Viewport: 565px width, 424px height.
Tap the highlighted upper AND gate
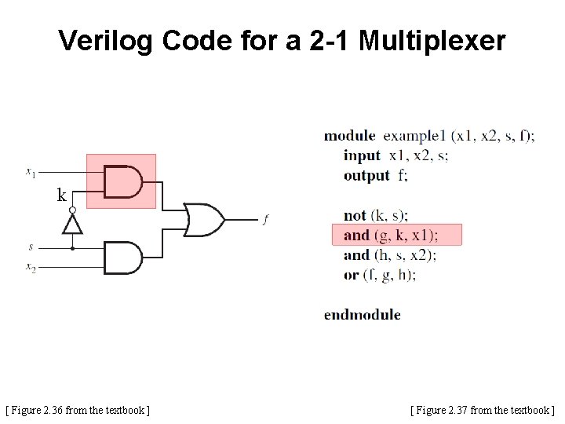point(123,181)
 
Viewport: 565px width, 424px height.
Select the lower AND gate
point(122,258)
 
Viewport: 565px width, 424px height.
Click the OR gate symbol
point(203,219)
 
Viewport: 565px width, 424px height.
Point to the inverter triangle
point(73,225)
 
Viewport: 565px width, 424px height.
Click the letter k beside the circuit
point(61,196)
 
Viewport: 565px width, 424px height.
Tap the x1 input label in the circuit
point(30,170)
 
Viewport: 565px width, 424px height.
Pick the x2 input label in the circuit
point(30,268)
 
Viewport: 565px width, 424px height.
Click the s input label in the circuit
point(31,247)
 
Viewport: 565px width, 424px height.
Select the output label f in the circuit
point(265,220)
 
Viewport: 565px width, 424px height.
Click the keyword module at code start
point(349,136)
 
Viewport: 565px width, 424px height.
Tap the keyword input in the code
point(361,155)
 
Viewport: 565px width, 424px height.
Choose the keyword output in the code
point(366,175)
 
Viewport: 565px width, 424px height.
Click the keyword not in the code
point(355,215)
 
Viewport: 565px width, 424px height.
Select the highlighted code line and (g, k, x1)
point(391,235)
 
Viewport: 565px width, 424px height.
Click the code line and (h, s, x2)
point(390,254)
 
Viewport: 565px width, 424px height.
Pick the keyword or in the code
point(351,275)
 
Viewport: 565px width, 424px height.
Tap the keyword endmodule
point(362,315)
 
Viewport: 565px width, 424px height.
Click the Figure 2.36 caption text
point(78,409)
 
